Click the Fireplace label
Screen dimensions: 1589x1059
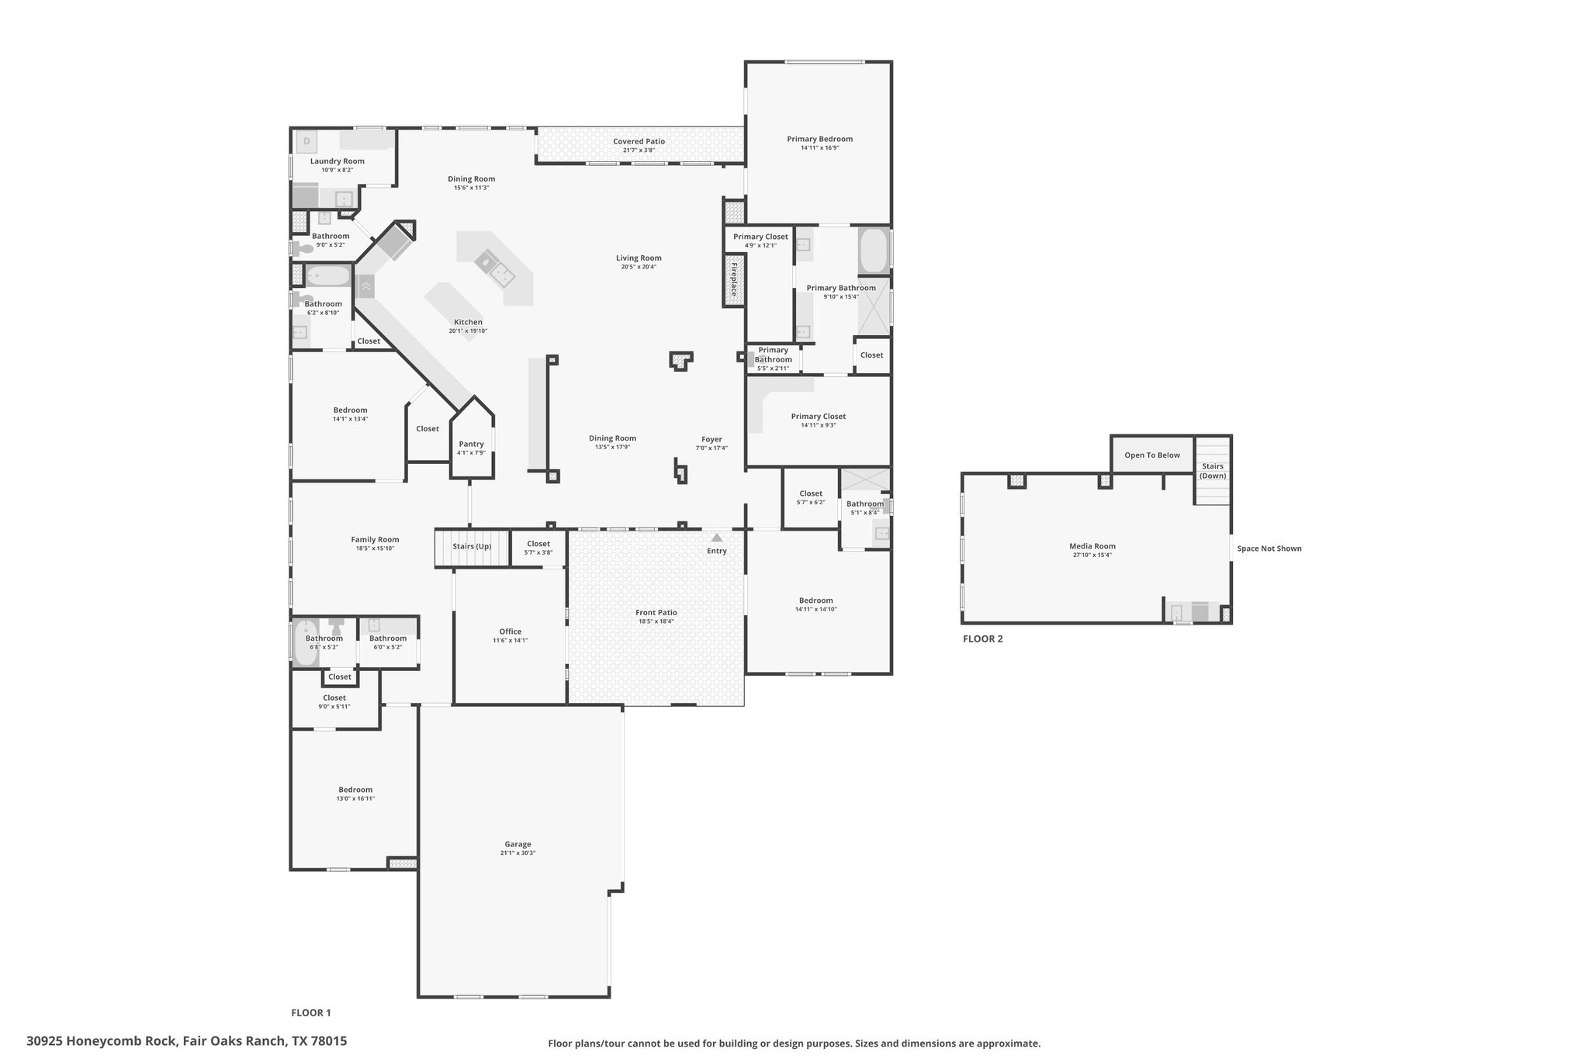[733, 280]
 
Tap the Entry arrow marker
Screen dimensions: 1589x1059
[717, 538]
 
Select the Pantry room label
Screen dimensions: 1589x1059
[471, 444]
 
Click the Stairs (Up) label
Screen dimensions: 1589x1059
[472, 546]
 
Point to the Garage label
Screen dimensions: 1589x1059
[518, 844]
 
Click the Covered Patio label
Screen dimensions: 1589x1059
[639, 141]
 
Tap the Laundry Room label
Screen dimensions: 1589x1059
[338, 161]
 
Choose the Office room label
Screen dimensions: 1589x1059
[511, 632]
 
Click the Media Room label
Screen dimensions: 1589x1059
[1092, 546]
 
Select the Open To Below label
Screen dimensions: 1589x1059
[1152, 455]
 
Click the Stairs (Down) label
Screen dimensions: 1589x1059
[1213, 471]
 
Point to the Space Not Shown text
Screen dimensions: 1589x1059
[1269, 549]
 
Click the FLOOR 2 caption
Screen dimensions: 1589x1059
[983, 639]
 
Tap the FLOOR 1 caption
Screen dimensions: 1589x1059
[311, 1012]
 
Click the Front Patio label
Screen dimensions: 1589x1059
[656, 613]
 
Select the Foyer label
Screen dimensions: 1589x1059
[711, 439]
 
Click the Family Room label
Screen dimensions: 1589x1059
[375, 539]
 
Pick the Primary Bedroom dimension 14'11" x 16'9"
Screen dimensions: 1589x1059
[820, 147]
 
